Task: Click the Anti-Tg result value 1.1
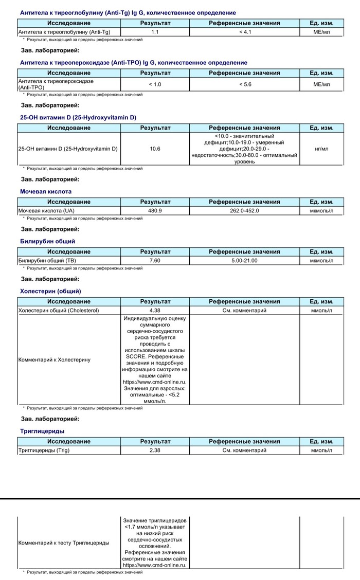(155, 32)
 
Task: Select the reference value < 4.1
(244, 32)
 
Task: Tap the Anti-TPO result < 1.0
(155, 84)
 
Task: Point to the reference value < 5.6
(244, 84)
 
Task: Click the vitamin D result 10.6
(155, 149)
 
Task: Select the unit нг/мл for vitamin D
(321, 149)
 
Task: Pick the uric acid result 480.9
(155, 211)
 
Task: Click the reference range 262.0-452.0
(244, 211)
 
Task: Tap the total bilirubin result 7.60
(155, 261)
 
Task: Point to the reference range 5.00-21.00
(244, 261)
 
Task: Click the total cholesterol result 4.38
(155, 311)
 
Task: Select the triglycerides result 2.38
(155, 450)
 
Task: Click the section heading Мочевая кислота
(46, 191)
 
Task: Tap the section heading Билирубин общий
(47, 241)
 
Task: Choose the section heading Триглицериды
(42, 431)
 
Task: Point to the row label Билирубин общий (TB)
(47, 261)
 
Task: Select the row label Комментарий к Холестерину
(54, 359)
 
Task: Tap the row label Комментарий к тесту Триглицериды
(64, 543)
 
